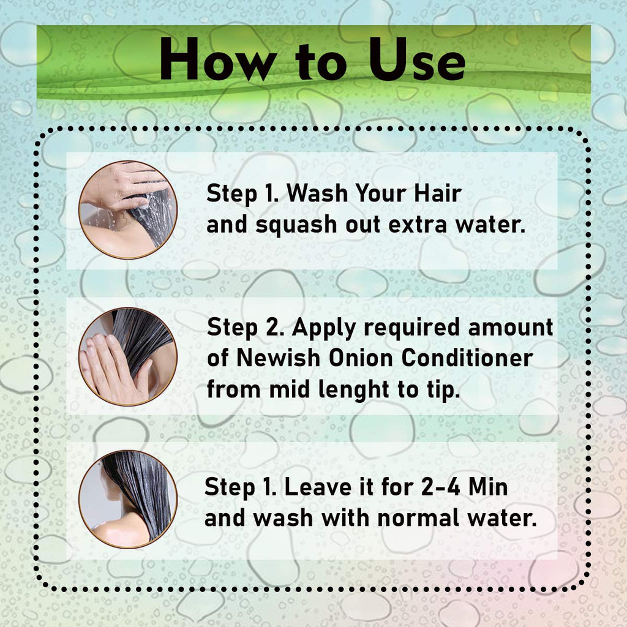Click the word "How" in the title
tap(219, 60)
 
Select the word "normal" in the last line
tap(418, 518)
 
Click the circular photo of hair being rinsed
tap(128, 210)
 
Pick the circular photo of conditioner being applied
tap(128, 356)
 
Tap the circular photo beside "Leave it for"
tap(128, 500)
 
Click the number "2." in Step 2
tap(275, 328)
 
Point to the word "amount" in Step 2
tap(511, 328)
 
